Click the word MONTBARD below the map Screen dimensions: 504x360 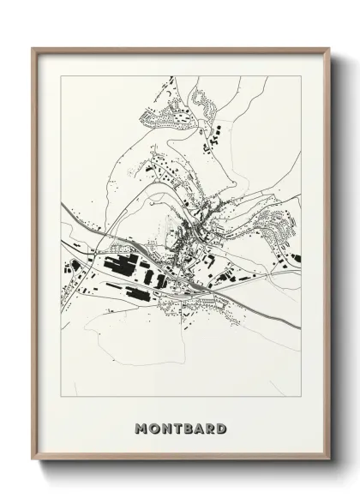pyautogui.click(x=180, y=428)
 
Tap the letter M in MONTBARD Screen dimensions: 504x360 pyautogui.click(x=141, y=428)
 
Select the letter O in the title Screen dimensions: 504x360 pyautogui.click(x=154, y=428)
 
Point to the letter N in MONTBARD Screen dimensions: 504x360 pyautogui.click(x=166, y=428)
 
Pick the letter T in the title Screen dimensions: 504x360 pyautogui.click(x=177, y=428)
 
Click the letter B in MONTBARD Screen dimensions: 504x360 pyautogui.click(x=188, y=428)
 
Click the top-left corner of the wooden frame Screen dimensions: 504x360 pyautogui.click(x=33, y=48)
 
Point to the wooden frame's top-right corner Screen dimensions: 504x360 pyautogui.click(x=329, y=48)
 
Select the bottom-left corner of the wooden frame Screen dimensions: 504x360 pyautogui.click(x=33, y=461)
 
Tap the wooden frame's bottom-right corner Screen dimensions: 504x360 pyautogui.click(x=329, y=461)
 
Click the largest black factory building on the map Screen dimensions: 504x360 pyautogui.click(x=120, y=265)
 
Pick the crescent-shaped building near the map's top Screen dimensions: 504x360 pyautogui.click(x=205, y=104)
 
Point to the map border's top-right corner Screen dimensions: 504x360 pyautogui.click(x=301, y=76)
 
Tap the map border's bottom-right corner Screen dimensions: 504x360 pyautogui.click(x=301, y=396)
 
